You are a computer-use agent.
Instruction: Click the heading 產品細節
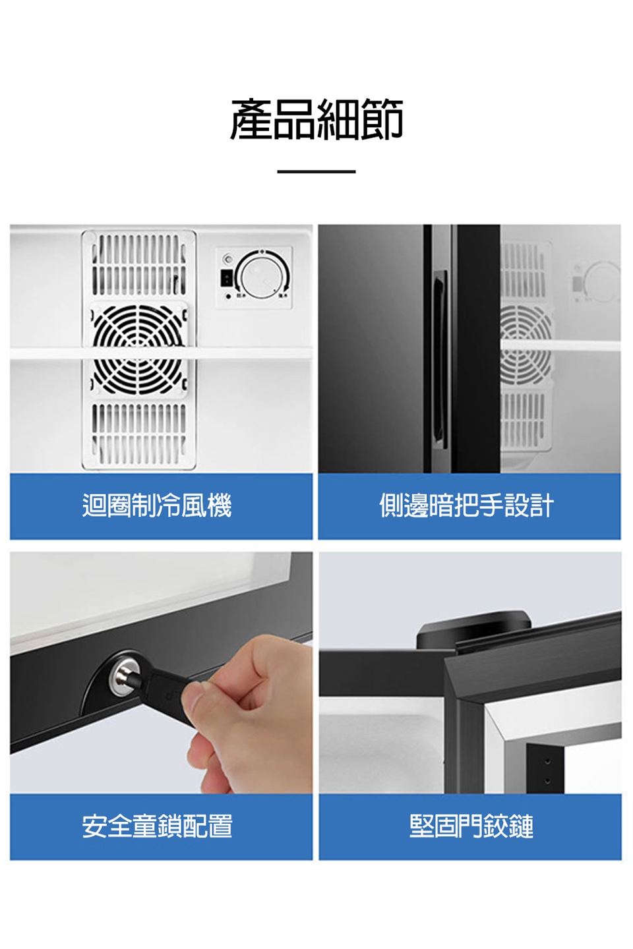coord(316,119)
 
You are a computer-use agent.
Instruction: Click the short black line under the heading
coord(316,171)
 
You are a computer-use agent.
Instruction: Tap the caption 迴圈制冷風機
coord(157,505)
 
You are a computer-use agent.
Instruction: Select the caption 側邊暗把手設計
coord(466,505)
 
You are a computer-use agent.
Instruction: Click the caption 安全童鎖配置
coord(157,826)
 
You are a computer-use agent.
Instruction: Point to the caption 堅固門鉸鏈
coord(471,826)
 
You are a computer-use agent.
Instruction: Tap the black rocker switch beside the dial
coord(226,278)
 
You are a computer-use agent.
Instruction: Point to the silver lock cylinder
coord(124,677)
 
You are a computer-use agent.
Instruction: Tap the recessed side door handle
coord(440,360)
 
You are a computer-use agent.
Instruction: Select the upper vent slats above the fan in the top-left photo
coord(139,265)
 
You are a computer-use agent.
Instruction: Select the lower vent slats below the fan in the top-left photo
coord(139,433)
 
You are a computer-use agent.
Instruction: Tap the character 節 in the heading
coord(382,119)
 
